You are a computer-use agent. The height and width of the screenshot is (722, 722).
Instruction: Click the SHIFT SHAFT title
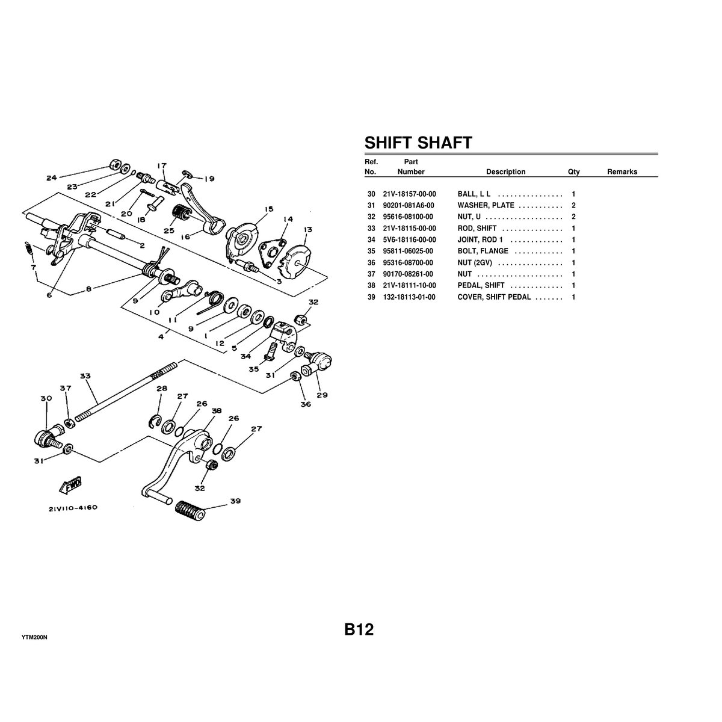[418, 143]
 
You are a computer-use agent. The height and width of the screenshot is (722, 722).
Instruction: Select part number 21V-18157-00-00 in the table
[409, 194]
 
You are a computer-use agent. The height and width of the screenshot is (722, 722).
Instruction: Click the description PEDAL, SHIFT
[481, 285]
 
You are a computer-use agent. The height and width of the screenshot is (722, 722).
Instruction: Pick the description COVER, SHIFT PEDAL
[494, 297]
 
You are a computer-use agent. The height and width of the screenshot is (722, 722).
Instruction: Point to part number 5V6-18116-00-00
[409, 240]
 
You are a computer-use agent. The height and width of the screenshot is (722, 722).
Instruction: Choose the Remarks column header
[622, 171]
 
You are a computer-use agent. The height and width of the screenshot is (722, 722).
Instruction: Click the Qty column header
[573, 171]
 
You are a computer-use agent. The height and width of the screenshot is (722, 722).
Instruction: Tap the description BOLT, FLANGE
[483, 251]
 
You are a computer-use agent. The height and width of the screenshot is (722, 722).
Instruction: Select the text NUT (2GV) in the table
[475, 263]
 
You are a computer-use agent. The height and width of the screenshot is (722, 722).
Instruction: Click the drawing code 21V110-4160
[73, 508]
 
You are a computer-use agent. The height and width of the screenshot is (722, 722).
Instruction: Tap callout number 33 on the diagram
[85, 376]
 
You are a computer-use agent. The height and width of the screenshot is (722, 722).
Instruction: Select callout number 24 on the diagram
[51, 177]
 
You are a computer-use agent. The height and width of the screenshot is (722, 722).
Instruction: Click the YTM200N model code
[34, 637]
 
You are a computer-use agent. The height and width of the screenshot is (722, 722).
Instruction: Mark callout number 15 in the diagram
[267, 209]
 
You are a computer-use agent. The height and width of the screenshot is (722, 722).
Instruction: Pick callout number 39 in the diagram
[235, 501]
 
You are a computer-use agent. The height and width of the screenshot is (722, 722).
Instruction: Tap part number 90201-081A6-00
[409, 206]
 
